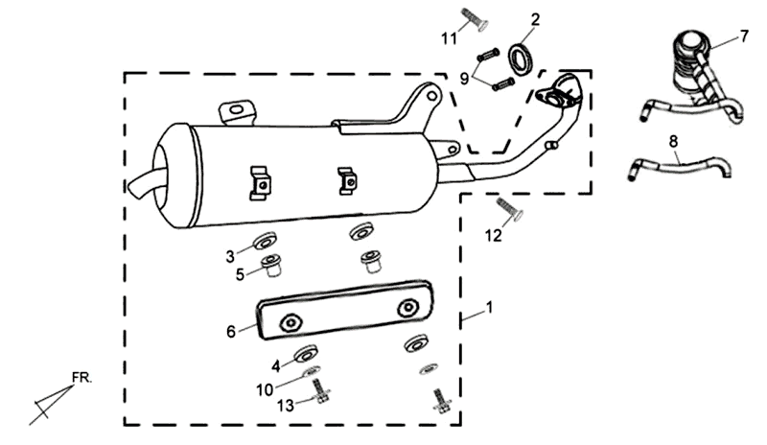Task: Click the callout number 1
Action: coord(491,309)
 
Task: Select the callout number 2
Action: coord(535,18)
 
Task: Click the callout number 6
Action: coord(230,331)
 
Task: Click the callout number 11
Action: coord(448,37)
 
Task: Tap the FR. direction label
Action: coord(81,378)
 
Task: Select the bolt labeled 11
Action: coord(472,18)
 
